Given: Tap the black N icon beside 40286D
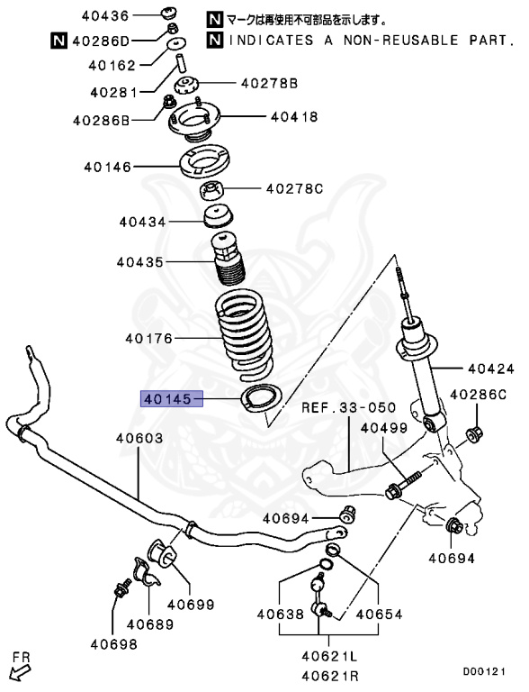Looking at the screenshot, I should pos(58,40).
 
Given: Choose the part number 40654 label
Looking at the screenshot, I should pos(380,615).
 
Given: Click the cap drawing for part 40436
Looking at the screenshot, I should pos(169,14).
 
